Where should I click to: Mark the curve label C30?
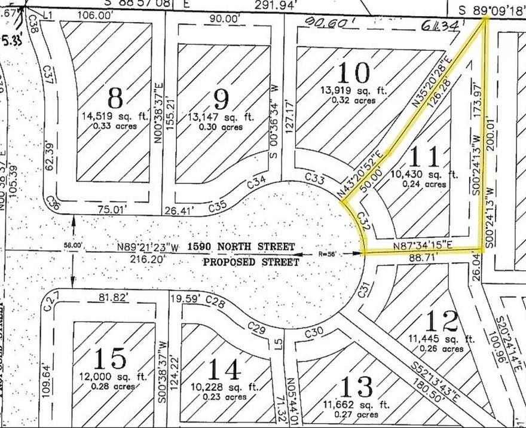[313, 332]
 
